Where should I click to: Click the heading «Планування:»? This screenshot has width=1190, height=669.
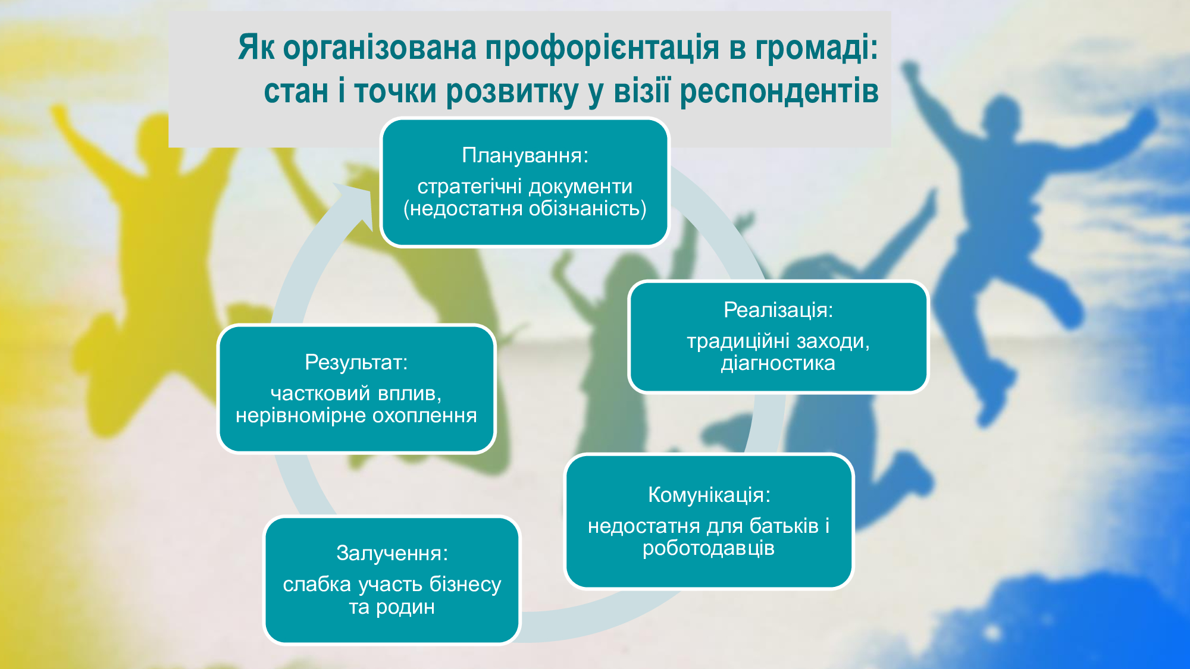coord(525,155)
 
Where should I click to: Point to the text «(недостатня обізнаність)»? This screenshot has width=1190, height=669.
coord(525,209)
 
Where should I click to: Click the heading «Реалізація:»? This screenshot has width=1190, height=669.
coord(778,310)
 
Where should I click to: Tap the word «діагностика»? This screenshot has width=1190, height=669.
coord(778,363)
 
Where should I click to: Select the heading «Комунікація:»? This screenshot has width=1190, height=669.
coord(709,495)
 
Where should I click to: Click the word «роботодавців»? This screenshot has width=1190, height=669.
coord(709,548)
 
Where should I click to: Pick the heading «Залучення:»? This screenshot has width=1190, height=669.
coord(392,553)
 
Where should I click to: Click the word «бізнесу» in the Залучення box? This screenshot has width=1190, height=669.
coord(465,585)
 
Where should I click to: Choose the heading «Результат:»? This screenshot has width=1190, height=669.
coord(356,362)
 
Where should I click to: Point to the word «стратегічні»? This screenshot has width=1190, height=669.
coord(469,187)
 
